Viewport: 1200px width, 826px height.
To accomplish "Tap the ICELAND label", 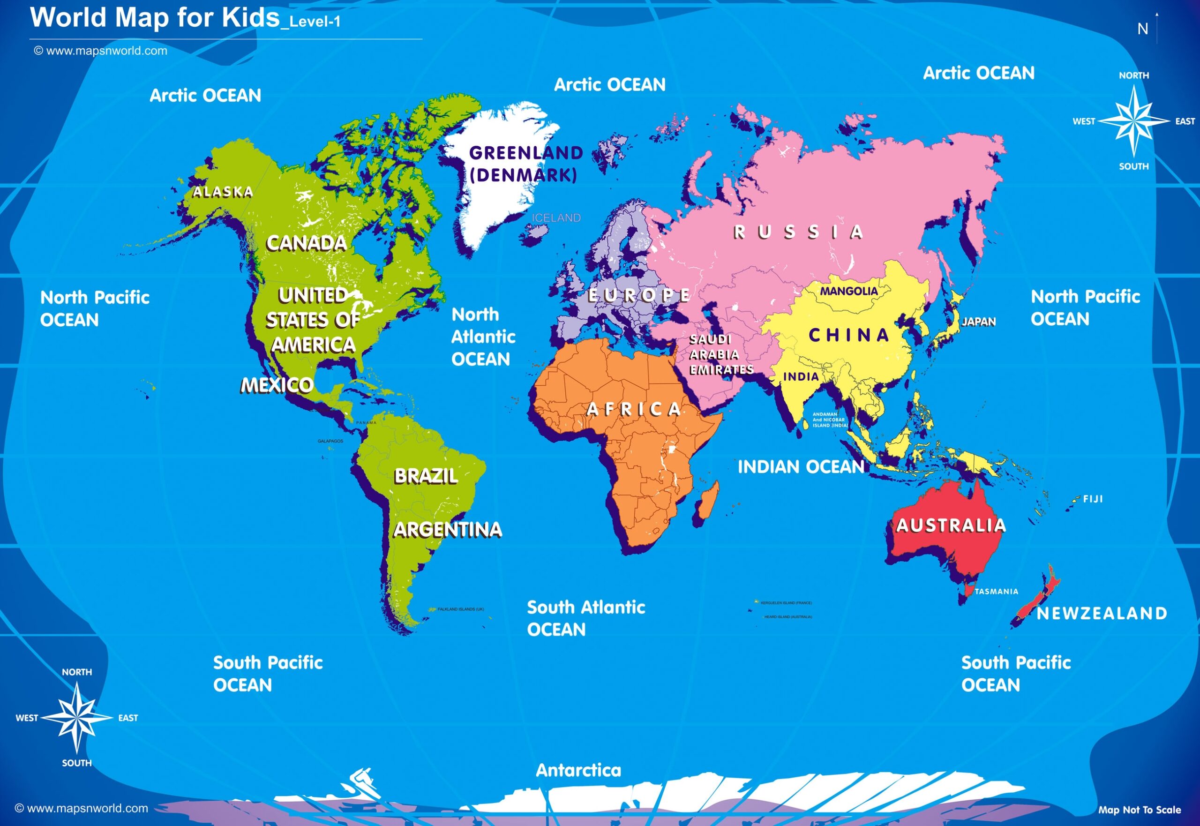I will tap(556, 218).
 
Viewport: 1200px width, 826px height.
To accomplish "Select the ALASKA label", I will tap(223, 193).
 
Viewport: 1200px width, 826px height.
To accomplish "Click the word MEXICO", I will tap(277, 385).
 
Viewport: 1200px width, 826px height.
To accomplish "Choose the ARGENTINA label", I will tap(447, 529).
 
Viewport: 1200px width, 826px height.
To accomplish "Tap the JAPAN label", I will tap(979, 322).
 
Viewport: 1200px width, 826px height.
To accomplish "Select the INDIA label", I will tap(801, 377).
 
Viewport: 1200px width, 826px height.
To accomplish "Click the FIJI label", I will tap(1093, 499).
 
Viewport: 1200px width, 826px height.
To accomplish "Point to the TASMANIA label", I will tap(996, 592).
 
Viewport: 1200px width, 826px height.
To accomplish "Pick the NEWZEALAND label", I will tap(1102, 614).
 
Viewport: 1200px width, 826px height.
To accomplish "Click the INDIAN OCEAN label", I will tap(801, 467).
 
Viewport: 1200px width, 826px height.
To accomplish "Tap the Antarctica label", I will tap(578, 771).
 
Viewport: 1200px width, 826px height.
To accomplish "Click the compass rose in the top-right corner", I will tap(1133, 121).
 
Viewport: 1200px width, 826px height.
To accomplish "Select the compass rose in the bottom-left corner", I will tap(76, 718).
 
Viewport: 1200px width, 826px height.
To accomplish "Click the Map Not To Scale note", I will tap(1140, 810).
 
